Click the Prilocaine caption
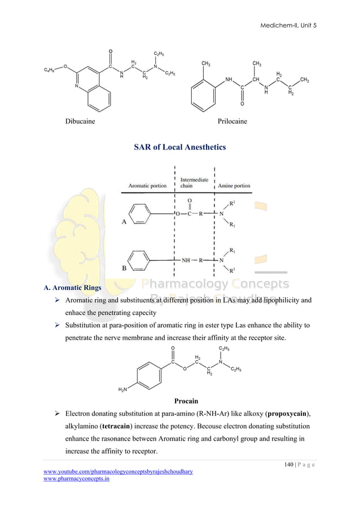(x=232, y=121)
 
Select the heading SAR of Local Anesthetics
(x=179, y=147)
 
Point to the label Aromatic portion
(x=147, y=186)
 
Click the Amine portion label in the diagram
(x=234, y=186)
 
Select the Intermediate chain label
(x=194, y=183)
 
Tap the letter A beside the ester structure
(x=124, y=222)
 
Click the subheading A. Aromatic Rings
(x=72, y=288)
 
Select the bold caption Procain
(x=186, y=401)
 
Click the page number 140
(x=289, y=464)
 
